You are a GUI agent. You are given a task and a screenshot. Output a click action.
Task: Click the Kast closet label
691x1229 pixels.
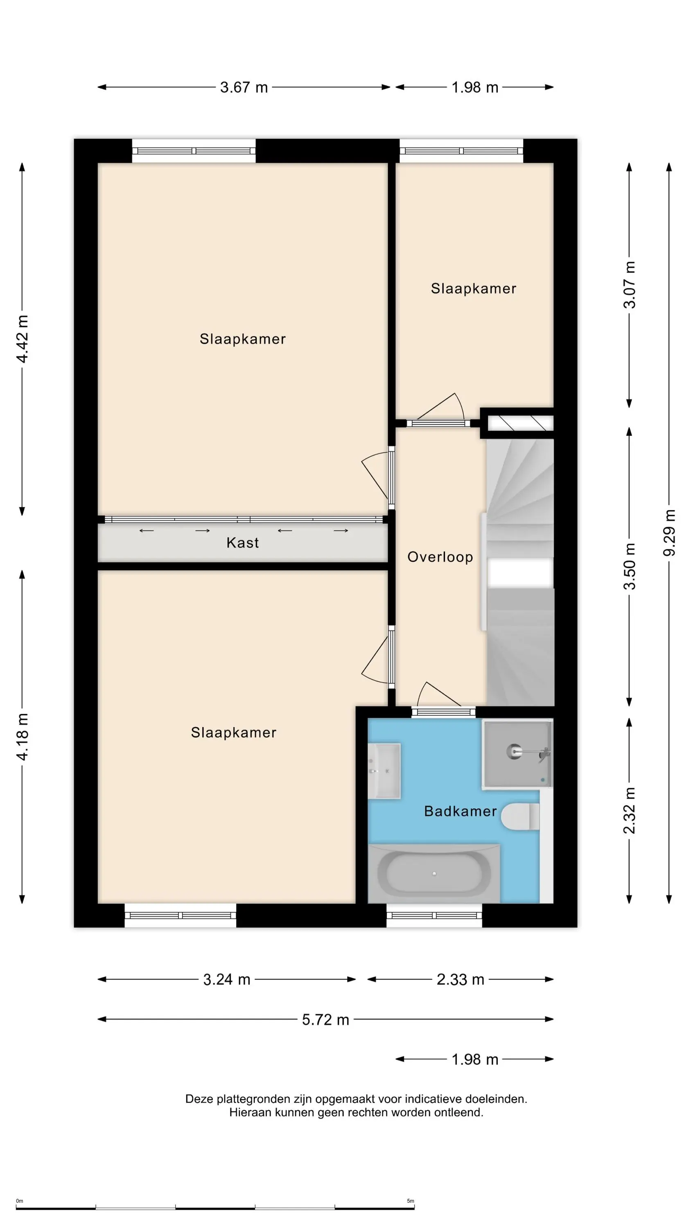point(242,542)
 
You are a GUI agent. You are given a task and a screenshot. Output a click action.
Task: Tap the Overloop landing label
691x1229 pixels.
point(440,557)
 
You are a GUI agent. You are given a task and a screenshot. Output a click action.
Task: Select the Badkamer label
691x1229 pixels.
point(460,811)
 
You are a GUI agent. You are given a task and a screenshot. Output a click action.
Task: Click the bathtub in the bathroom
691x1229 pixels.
point(434,873)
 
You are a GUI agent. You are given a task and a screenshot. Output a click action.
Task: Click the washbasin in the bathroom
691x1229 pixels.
point(384,771)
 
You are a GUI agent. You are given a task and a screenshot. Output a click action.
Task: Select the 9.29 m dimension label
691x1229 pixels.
point(669,533)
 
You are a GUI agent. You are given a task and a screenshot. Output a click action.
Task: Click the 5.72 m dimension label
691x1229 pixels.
point(326,1020)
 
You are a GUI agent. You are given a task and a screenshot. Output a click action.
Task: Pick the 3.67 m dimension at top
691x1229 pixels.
point(244,87)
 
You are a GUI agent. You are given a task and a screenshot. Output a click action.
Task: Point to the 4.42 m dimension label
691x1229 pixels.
point(22,339)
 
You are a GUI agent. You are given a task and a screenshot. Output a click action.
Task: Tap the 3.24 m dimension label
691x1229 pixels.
point(226,980)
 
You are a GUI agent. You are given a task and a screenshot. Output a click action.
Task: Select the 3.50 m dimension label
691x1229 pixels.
point(630,566)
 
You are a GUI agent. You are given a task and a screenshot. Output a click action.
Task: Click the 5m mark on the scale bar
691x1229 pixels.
point(411,1201)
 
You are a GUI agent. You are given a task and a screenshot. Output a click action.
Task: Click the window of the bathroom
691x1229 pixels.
point(434,916)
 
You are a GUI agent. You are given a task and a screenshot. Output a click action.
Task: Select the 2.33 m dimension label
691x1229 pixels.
point(460,980)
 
